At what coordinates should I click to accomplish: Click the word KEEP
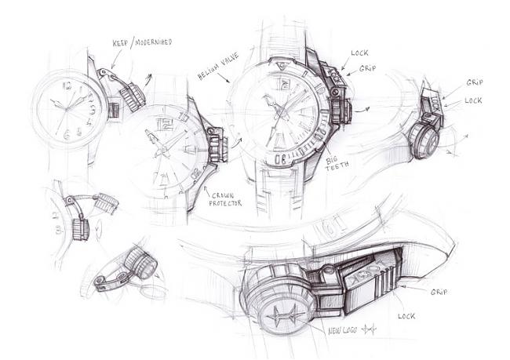[120, 43]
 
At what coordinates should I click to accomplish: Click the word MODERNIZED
[152, 42]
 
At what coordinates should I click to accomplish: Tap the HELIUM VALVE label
[218, 66]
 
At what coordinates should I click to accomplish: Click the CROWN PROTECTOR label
[225, 200]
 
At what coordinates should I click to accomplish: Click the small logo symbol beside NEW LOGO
[370, 329]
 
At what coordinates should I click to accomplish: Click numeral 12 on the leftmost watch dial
[67, 86]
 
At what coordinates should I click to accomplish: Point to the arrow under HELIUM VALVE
[223, 78]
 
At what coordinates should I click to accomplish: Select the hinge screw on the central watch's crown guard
[335, 92]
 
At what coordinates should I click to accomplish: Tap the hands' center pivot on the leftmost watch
[67, 109]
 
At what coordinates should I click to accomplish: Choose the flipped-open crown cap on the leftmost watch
[133, 97]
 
